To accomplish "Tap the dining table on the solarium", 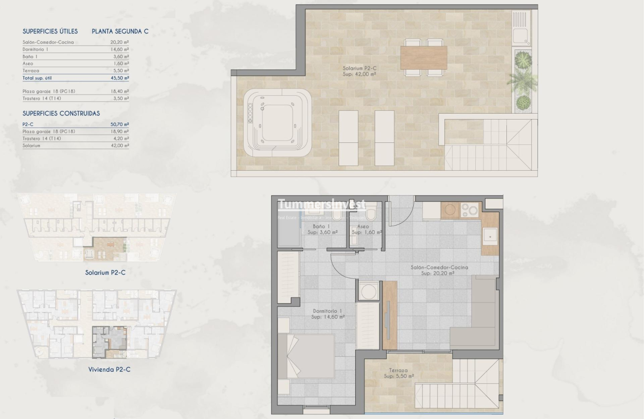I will tap(423, 58).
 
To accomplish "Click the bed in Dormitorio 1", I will tap(306, 356).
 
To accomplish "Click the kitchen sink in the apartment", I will tap(489, 237).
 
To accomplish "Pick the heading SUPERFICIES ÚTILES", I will tap(50, 31).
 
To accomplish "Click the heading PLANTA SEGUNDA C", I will tap(120, 31).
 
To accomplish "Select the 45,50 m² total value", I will tap(120, 78).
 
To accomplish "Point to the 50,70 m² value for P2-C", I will tap(120, 124).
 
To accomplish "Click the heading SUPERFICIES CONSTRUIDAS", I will tap(61, 113).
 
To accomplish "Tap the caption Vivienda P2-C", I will tap(109, 369).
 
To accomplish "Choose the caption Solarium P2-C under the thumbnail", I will tap(105, 272).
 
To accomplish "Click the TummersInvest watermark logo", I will tap(322, 205).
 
